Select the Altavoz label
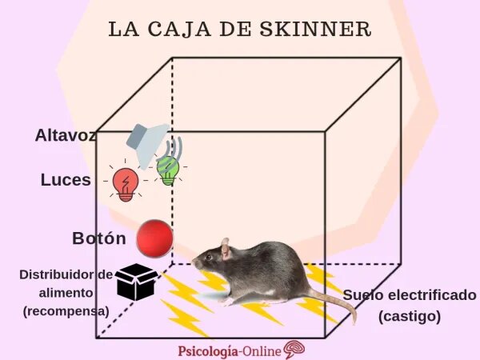point(64,135)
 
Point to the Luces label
point(66,180)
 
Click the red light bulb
point(126,183)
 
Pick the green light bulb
point(168,169)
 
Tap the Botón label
point(98,238)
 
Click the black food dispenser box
point(136,282)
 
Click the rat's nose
point(194,262)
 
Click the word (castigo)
point(410,316)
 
